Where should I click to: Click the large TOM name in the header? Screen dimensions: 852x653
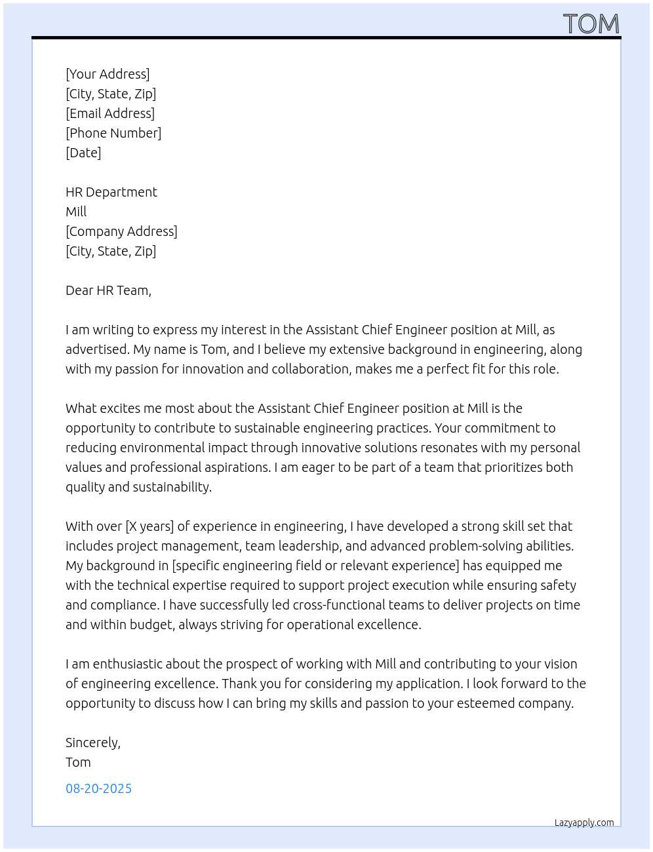click(x=591, y=24)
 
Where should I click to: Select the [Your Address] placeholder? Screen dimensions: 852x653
click(x=108, y=74)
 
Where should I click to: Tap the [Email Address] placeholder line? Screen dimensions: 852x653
click(x=110, y=113)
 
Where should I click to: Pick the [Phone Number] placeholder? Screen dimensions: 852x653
click(x=113, y=133)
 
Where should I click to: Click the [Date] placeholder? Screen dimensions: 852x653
click(x=83, y=153)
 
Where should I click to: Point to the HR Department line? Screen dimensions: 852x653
click(x=111, y=192)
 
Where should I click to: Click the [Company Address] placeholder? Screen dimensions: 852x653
click(x=121, y=231)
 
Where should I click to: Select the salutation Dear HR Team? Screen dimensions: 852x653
click(x=108, y=290)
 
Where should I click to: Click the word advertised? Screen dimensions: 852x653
click(x=97, y=349)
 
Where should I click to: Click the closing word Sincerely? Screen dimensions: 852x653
click(x=92, y=743)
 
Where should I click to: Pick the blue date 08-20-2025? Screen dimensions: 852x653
click(x=98, y=788)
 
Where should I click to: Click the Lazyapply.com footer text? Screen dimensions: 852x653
click(x=584, y=823)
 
